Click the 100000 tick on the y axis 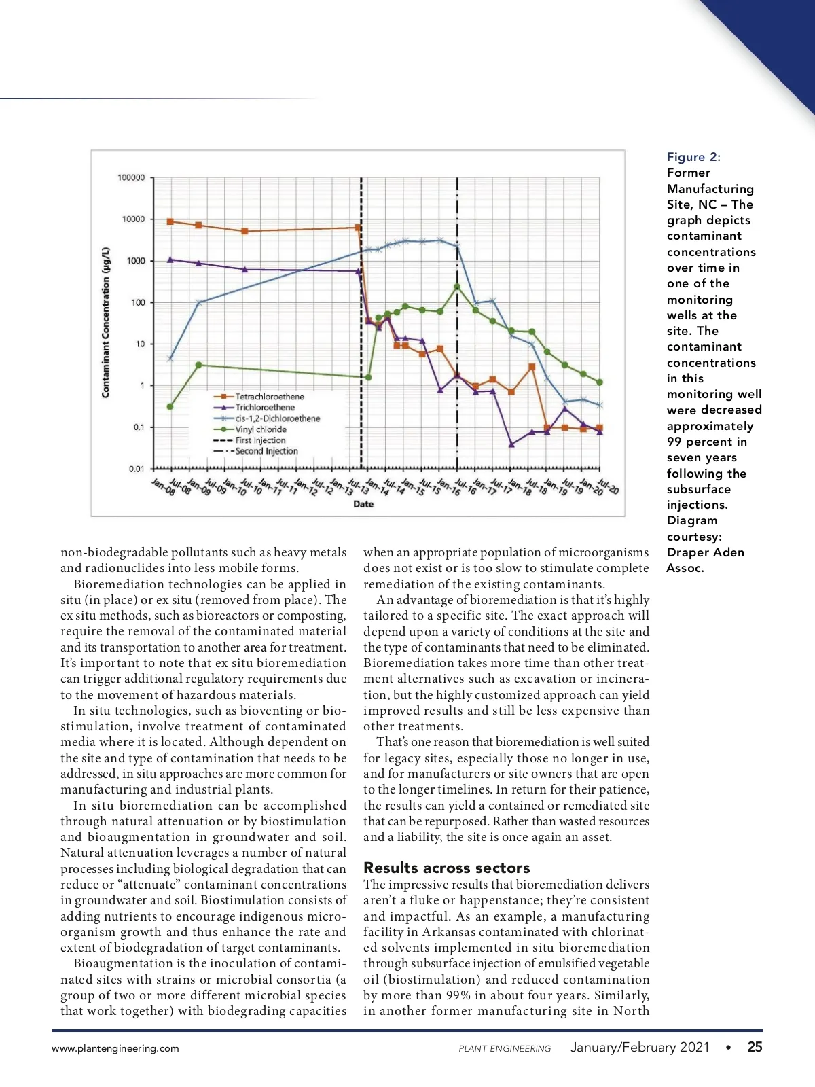point(131,178)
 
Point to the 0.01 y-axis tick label point(137,469)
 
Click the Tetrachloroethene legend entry point(269,397)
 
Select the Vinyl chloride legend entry point(260,429)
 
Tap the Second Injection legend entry point(266,451)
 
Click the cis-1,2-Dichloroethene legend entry point(277,418)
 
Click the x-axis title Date point(363,504)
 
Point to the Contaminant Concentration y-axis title point(105,323)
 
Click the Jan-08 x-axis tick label point(162,486)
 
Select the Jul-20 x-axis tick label point(608,486)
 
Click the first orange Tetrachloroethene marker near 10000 point(170,221)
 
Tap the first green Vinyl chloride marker point(170,406)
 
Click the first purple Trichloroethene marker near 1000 point(170,260)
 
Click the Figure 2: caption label point(693,157)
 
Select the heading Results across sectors point(446,868)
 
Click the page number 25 point(755,1047)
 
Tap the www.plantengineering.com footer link point(115,1048)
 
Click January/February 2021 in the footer point(639,1047)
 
